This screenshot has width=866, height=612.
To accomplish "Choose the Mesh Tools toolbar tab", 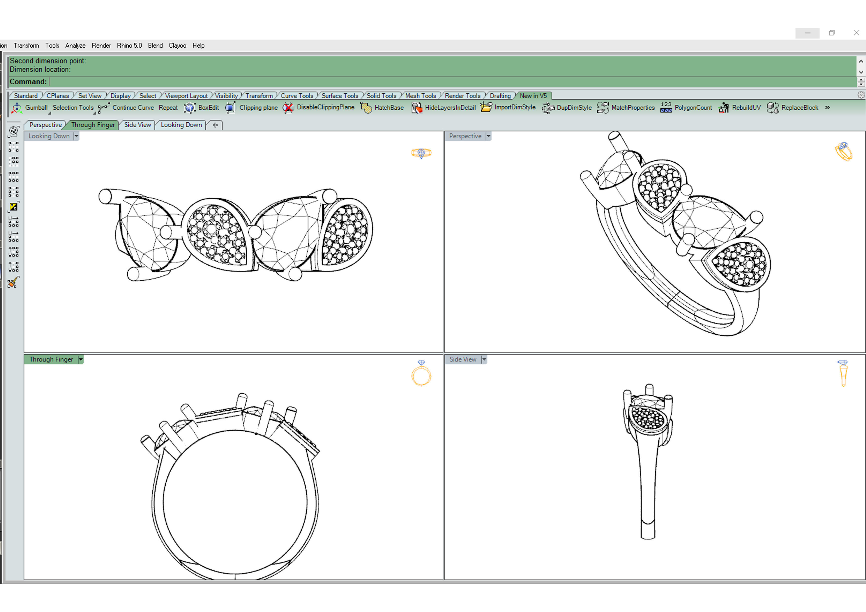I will tap(420, 96).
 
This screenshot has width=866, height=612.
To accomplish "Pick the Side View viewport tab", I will tap(137, 125).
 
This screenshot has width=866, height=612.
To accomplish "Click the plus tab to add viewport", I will tap(215, 125).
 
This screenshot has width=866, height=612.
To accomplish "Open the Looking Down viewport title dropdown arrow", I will tap(76, 136).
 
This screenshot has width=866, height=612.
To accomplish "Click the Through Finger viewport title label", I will tap(51, 359).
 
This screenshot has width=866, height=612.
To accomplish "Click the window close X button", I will tap(856, 33).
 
